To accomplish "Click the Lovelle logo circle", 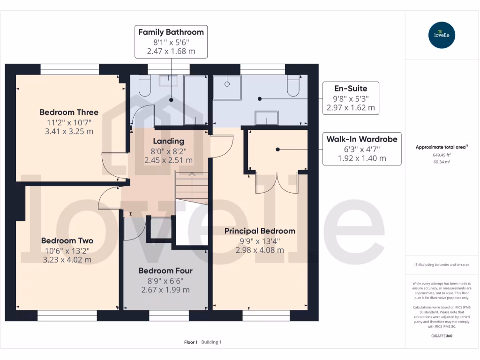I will [442, 35].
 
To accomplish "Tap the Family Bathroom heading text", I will [171, 32].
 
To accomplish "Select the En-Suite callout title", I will [351, 88].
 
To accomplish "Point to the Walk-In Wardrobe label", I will [362, 139].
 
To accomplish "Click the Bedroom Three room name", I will [69, 112].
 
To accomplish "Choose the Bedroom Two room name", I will [67, 240].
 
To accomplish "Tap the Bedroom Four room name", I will [165, 270].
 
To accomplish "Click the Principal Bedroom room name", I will [260, 231].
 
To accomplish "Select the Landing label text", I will [169, 141].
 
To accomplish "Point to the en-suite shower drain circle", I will [227, 84].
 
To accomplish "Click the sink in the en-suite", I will [266, 118].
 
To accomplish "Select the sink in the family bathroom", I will [168, 81].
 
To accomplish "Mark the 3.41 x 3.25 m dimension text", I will [69, 131].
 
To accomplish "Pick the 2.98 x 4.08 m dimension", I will [260, 250].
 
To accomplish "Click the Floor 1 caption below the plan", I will [191, 342].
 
